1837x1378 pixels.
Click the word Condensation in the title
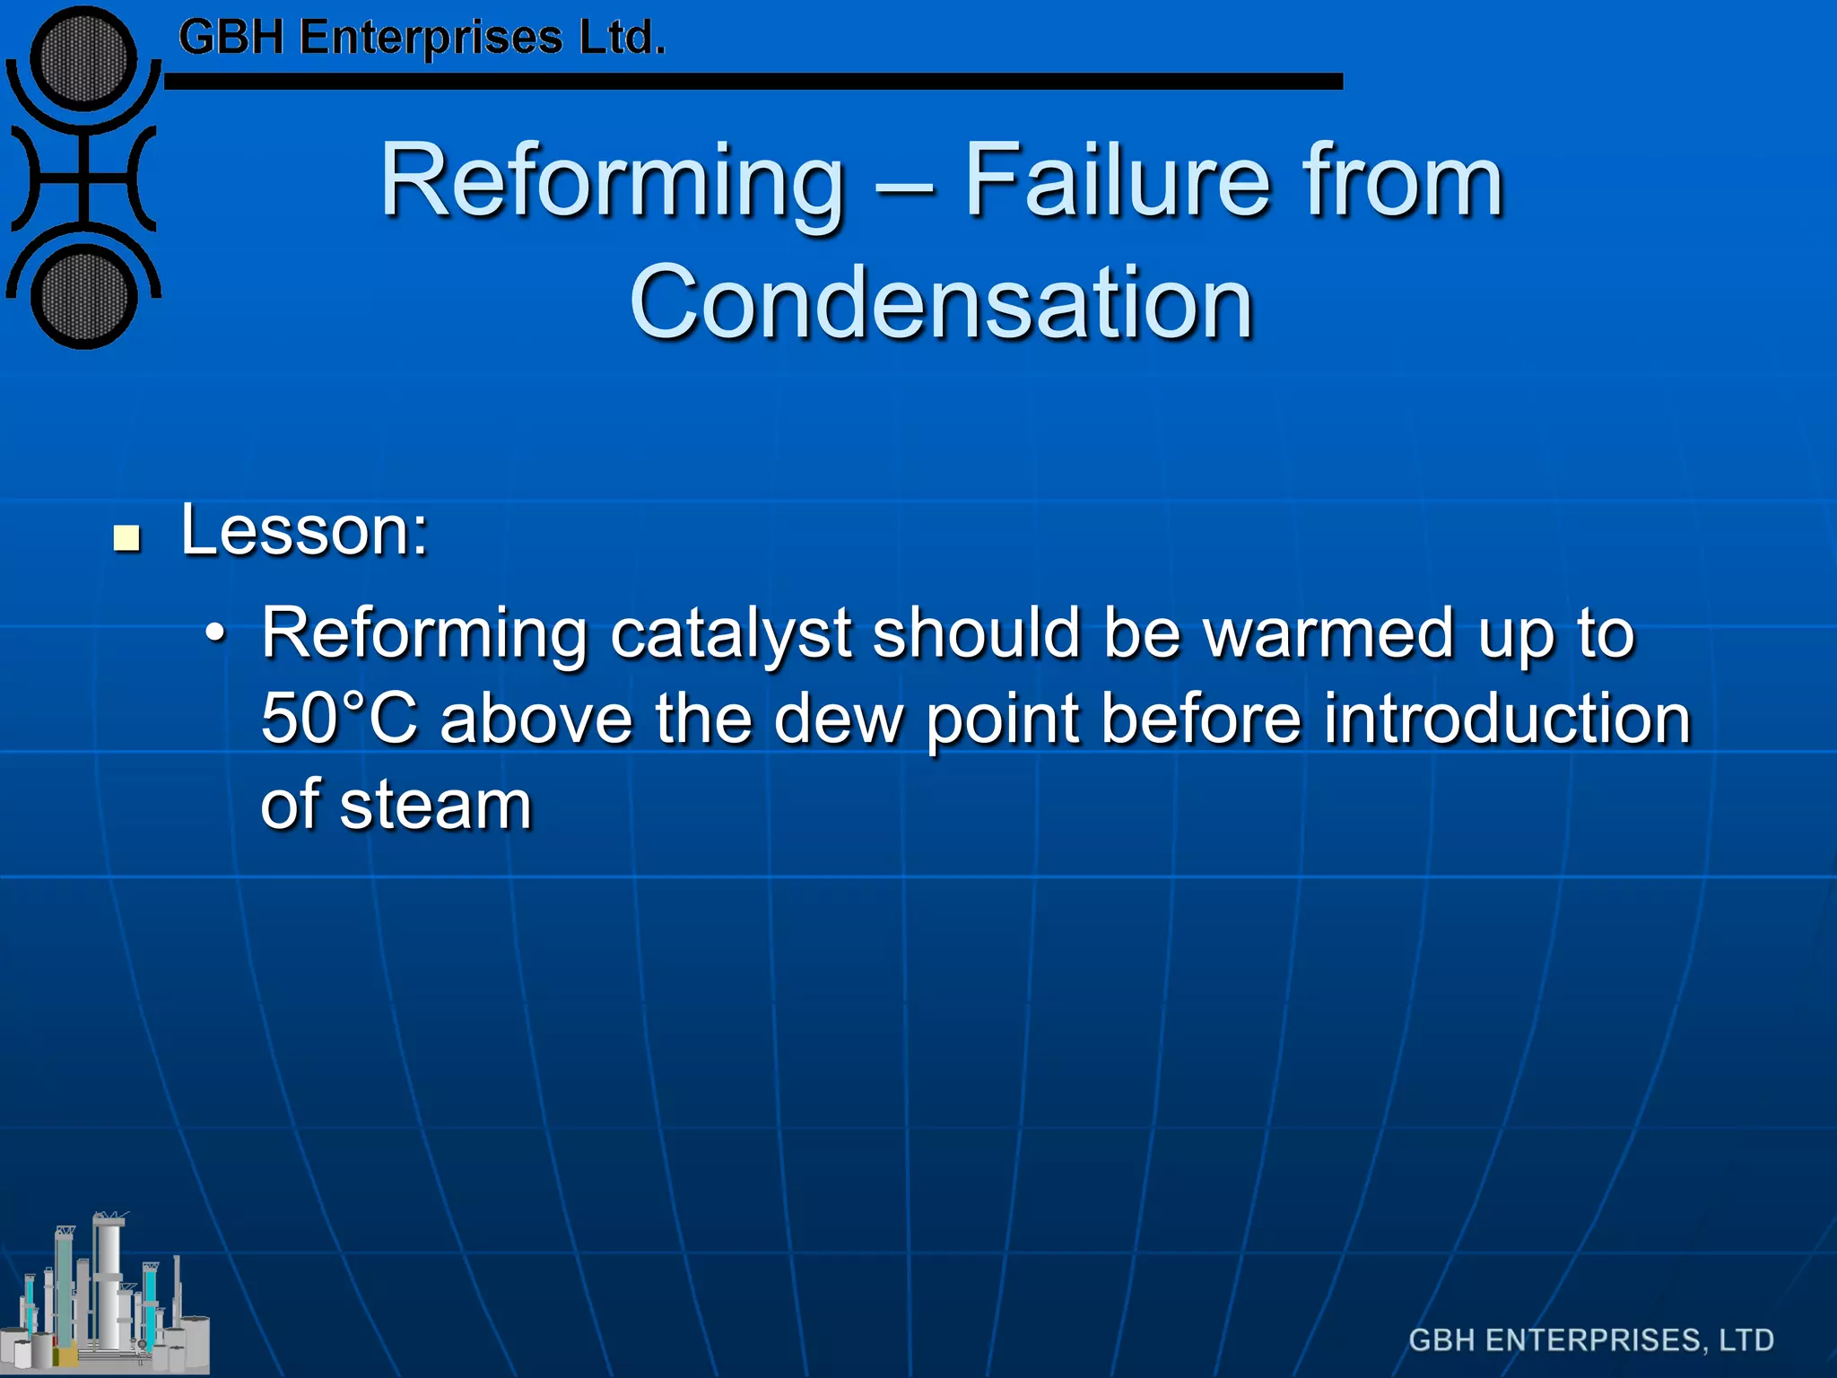tap(941, 303)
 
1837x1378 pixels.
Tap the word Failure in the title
tap(1116, 181)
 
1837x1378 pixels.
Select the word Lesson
tap(304, 531)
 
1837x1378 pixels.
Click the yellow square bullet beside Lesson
tap(127, 538)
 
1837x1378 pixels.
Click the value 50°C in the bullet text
tap(339, 720)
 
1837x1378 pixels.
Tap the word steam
tap(436, 805)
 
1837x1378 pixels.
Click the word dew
tap(839, 720)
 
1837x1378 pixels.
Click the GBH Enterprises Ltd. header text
tap(422, 39)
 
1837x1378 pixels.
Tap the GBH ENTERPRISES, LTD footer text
tap(1591, 1340)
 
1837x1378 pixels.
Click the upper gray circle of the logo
tap(83, 58)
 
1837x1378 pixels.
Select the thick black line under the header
tap(753, 82)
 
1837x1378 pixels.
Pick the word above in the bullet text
tap(536, 720)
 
